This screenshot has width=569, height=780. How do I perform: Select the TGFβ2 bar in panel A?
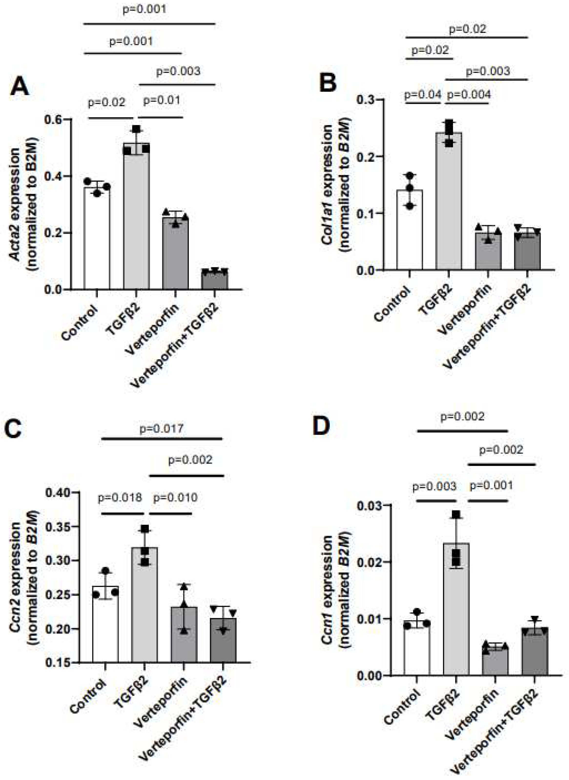(136, 217)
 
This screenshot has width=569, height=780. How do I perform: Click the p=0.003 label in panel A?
(178, 71)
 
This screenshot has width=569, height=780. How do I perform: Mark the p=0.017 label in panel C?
(162, 429)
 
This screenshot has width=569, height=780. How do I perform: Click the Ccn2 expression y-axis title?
(24, 577)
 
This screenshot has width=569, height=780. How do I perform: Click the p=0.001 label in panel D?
(492, 486)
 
